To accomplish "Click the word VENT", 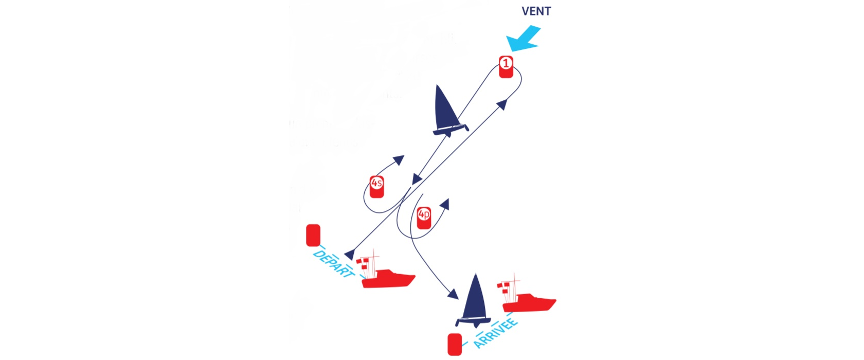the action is [536, 11].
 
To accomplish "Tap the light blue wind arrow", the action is [524, 39].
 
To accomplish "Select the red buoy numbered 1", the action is [506, 67].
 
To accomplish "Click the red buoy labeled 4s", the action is [376, 187].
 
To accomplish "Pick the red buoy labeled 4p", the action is [424, 218].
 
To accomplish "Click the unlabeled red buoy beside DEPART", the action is [313, 236].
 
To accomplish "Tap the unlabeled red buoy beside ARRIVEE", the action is [455, 345].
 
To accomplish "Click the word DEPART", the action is [333, 264].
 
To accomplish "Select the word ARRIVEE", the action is [495, 333].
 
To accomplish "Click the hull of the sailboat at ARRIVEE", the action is [473, 322].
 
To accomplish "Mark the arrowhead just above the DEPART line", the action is [350, 254].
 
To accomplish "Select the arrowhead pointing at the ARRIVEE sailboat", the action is [453, 294].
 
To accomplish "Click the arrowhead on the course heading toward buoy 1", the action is [502, 104].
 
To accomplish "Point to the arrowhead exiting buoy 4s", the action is [399, 159].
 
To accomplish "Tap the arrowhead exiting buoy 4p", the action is [445, 204].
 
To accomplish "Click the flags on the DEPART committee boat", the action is [362, 263].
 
